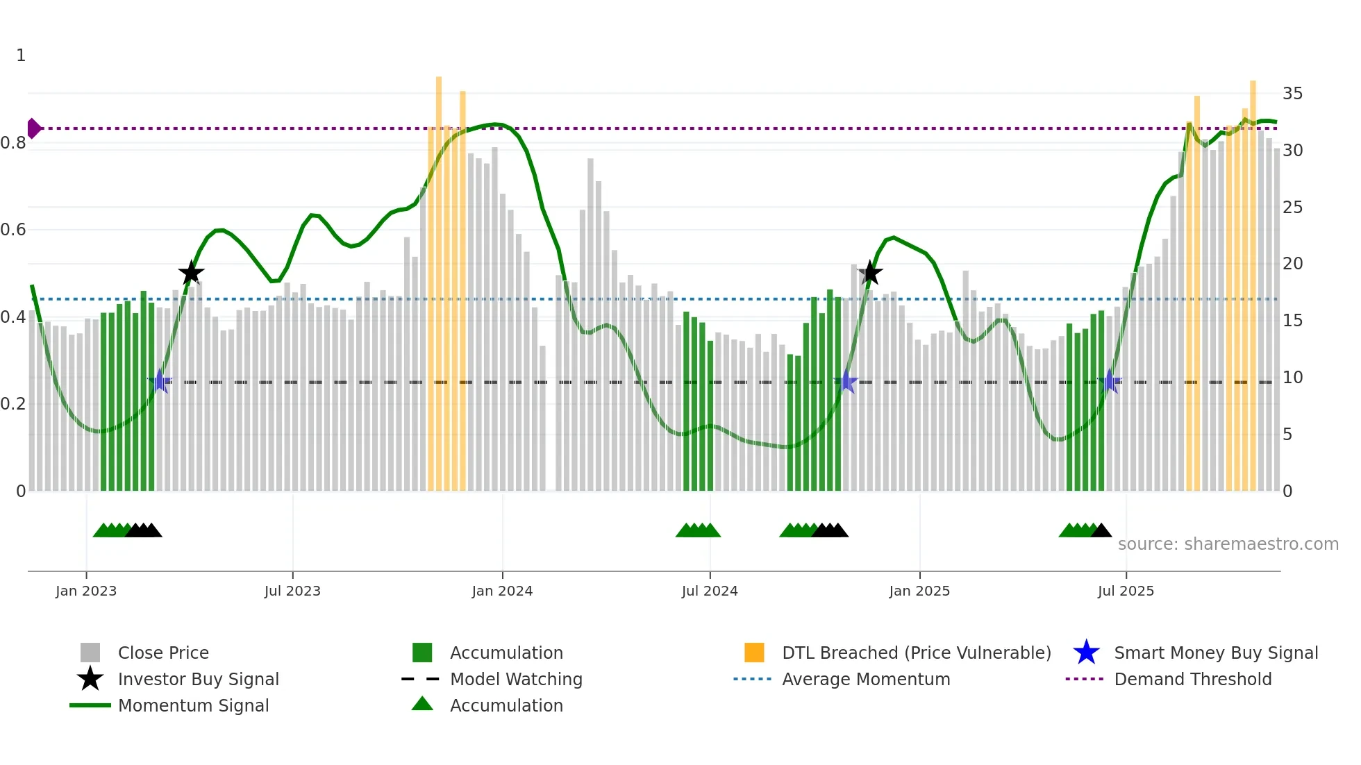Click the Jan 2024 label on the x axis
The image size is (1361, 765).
click(x=502, y=591)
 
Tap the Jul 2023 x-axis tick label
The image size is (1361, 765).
click(x=292, y=591)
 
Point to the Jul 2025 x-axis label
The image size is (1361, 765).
click(x=1126, y=591)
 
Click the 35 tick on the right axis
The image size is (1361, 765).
click(x=1292, y=94)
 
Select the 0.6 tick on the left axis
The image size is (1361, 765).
click(x=13, y=230)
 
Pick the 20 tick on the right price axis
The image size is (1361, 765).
click(x=1292, y=264)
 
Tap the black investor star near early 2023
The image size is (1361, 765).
click(x=191, y=273)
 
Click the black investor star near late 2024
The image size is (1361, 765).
click(x=870, y=273)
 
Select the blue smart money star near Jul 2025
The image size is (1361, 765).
click(x=1110, y=382)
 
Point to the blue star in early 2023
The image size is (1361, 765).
click(x=160, y=382)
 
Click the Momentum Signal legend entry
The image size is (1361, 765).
click(x=193, y=705)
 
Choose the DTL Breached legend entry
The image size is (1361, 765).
click(x=916, y=653)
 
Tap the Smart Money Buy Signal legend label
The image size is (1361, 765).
click(x=1215, y=653)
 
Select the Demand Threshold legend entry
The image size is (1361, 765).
click(x=1192, y=679)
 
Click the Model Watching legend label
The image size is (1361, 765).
click(x=516, y=679)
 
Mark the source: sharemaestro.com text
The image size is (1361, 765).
click(x=1228, y=544)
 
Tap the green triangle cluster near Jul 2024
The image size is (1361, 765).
click(x=698, y=531)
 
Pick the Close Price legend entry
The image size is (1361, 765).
click(x=163, y=653)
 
